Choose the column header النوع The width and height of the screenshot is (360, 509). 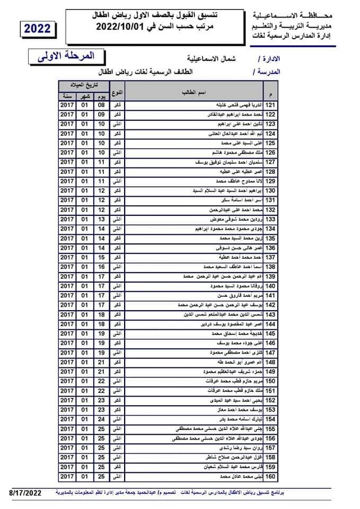click(x=119, y=93)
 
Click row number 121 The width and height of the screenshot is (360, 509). click(x=270, y=105)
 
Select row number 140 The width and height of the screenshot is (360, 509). click(x=270, y=286)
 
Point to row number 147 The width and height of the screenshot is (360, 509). click(x=270, y=353)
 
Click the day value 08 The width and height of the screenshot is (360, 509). click(x=102, y=105)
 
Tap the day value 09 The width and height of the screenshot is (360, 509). click(x=102, y=115)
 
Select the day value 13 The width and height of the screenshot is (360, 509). click(x=102, y=219)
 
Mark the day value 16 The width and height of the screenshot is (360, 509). click(x=102, y=267)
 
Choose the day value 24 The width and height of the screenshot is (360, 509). click(x=102, y=419)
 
